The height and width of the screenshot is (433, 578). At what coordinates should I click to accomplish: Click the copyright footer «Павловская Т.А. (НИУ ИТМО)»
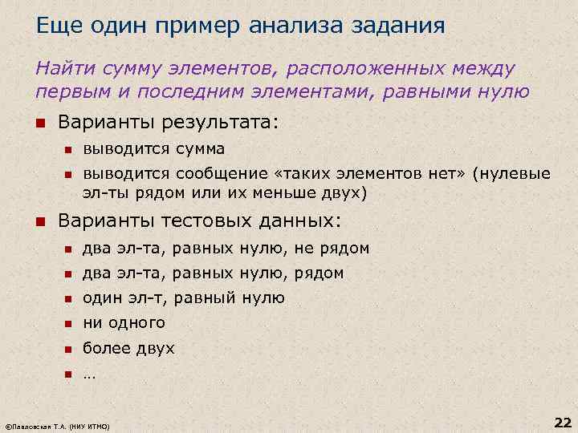[58, 423]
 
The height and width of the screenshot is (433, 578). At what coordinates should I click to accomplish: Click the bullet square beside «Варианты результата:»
[41, 124]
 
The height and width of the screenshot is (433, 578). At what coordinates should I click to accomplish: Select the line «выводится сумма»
[154, 149]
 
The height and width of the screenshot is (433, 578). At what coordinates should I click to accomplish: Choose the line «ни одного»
[124, 323]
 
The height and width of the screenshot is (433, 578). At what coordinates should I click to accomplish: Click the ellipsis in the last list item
[88, 374]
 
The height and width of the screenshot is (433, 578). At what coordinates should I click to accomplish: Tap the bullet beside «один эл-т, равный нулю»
[68, 299]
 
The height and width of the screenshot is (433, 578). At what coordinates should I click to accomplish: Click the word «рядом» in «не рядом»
[345, 249]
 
